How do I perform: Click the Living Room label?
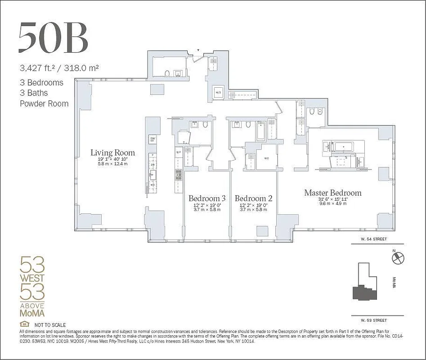112,153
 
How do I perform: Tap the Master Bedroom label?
332,193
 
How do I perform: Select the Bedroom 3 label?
207,198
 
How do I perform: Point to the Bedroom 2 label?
253,198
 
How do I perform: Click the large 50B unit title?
53,37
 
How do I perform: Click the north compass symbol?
399,258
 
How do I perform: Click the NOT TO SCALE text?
50,325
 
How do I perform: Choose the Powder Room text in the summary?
44,103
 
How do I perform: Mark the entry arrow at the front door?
198,50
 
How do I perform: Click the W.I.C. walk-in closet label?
266,158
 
